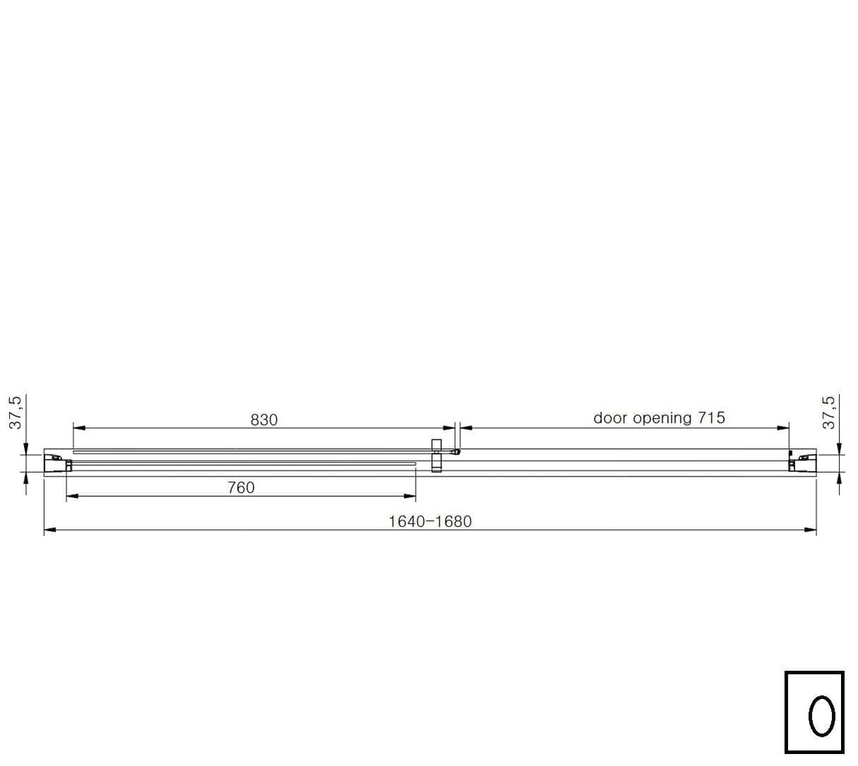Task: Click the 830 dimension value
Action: click(264, 420)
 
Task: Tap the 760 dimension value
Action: click(241, 488)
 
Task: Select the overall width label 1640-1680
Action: click(430, 522)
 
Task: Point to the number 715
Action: click(712, 418)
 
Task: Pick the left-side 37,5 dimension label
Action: click(16, 412)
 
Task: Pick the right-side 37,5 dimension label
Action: click(828, 412)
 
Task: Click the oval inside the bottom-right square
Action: click(821, 716)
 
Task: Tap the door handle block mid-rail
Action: click(436, 455)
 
